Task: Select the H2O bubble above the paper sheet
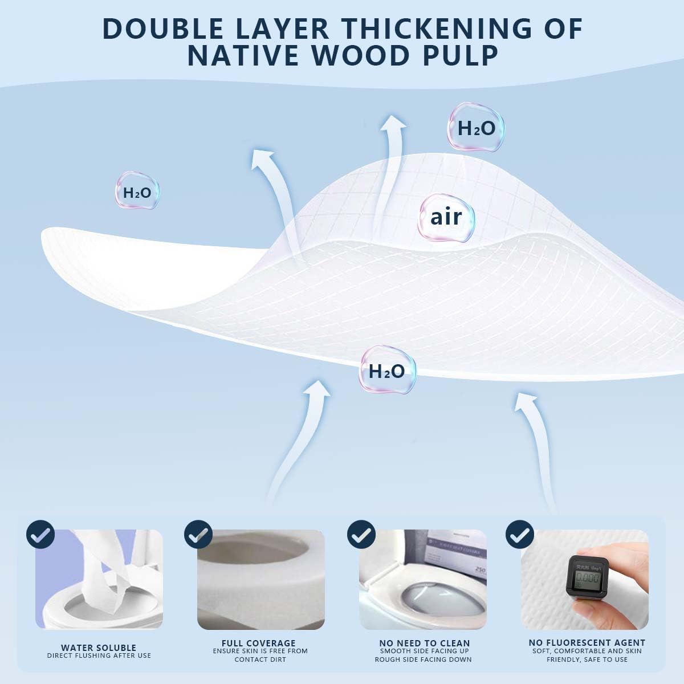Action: point(476,128)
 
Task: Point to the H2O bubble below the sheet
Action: point(387,371)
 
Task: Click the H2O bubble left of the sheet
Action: point(137,193)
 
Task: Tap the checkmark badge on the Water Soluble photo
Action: point(40,535)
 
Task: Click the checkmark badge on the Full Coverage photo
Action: point(198,535)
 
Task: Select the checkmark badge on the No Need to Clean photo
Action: point(361,535)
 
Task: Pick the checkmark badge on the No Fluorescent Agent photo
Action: point(520,535)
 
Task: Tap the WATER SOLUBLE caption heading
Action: point(99,648)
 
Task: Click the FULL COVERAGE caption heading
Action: point(259,643)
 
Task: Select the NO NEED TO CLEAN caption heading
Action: point(424,643)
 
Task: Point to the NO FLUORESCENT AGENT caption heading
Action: point(587,642)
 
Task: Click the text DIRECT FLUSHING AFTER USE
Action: point(99,655)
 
